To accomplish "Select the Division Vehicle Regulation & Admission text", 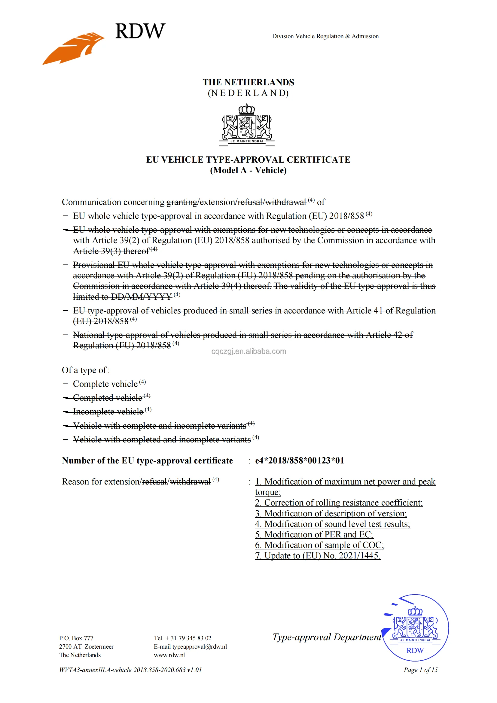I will coord(325,36).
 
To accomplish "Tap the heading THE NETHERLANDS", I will coord(248,82).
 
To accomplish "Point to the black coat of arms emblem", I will coord(247,125).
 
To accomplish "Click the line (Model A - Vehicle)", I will coord(248,170).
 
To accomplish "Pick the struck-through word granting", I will coord(182,202).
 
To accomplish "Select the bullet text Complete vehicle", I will coord(105,384).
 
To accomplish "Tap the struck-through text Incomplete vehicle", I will coord(108,411).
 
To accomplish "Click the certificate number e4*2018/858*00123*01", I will coord(299,460).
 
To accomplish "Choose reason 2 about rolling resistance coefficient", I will coord(338,503).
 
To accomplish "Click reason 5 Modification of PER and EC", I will coord(314,534).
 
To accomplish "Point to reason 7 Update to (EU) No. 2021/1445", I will coord(317,555).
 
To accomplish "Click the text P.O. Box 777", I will coord(76,638).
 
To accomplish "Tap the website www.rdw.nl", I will coord(169,655).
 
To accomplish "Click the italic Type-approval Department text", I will coord(327,637).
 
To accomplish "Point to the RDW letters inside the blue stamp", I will coord(415,650).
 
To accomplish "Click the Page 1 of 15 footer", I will coord(420,670).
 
